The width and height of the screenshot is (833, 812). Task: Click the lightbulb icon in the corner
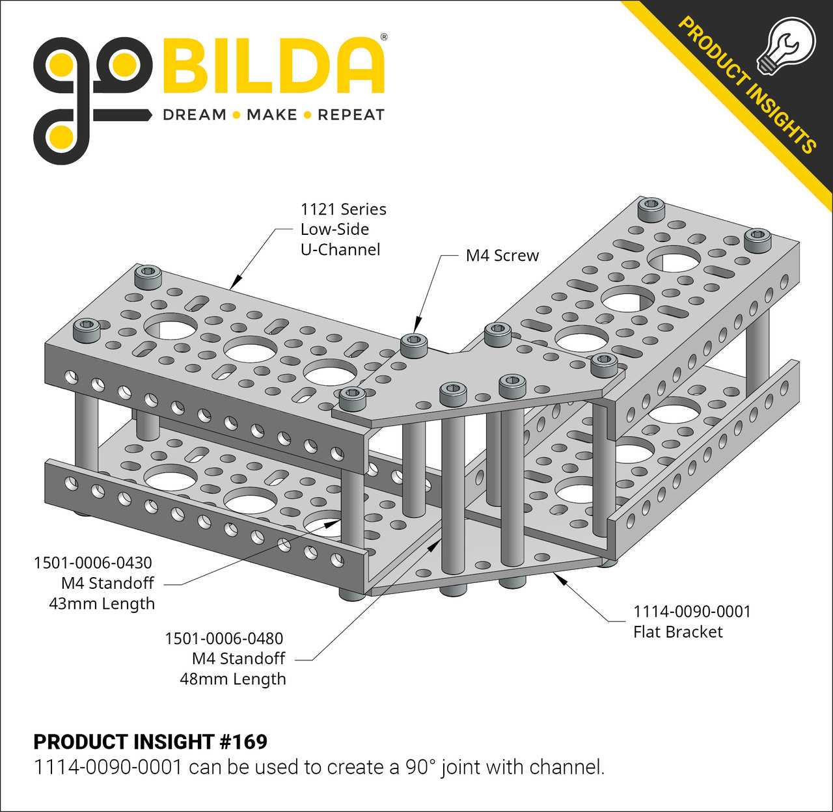(785, 44)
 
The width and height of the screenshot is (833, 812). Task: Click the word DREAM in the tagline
(195, 115)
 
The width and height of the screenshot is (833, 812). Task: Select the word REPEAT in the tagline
(351, 115)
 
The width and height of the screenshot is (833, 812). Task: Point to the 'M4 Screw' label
(502, 256)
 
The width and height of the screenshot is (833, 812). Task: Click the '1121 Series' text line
(343, 210)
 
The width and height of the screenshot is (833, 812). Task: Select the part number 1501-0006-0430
(93, 563)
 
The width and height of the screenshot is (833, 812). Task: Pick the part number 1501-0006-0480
(224, 638)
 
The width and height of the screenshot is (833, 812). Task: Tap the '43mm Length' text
(102, 604)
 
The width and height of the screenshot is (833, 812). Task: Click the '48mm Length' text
(233, 679)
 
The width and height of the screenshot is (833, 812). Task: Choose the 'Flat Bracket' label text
(678, 632)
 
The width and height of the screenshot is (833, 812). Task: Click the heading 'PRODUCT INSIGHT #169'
(150, 742)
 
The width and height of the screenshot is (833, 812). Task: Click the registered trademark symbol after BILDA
(384, 38)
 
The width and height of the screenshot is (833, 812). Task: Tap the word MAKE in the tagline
(272, 115)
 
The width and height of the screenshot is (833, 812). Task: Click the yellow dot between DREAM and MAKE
(236, 115)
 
